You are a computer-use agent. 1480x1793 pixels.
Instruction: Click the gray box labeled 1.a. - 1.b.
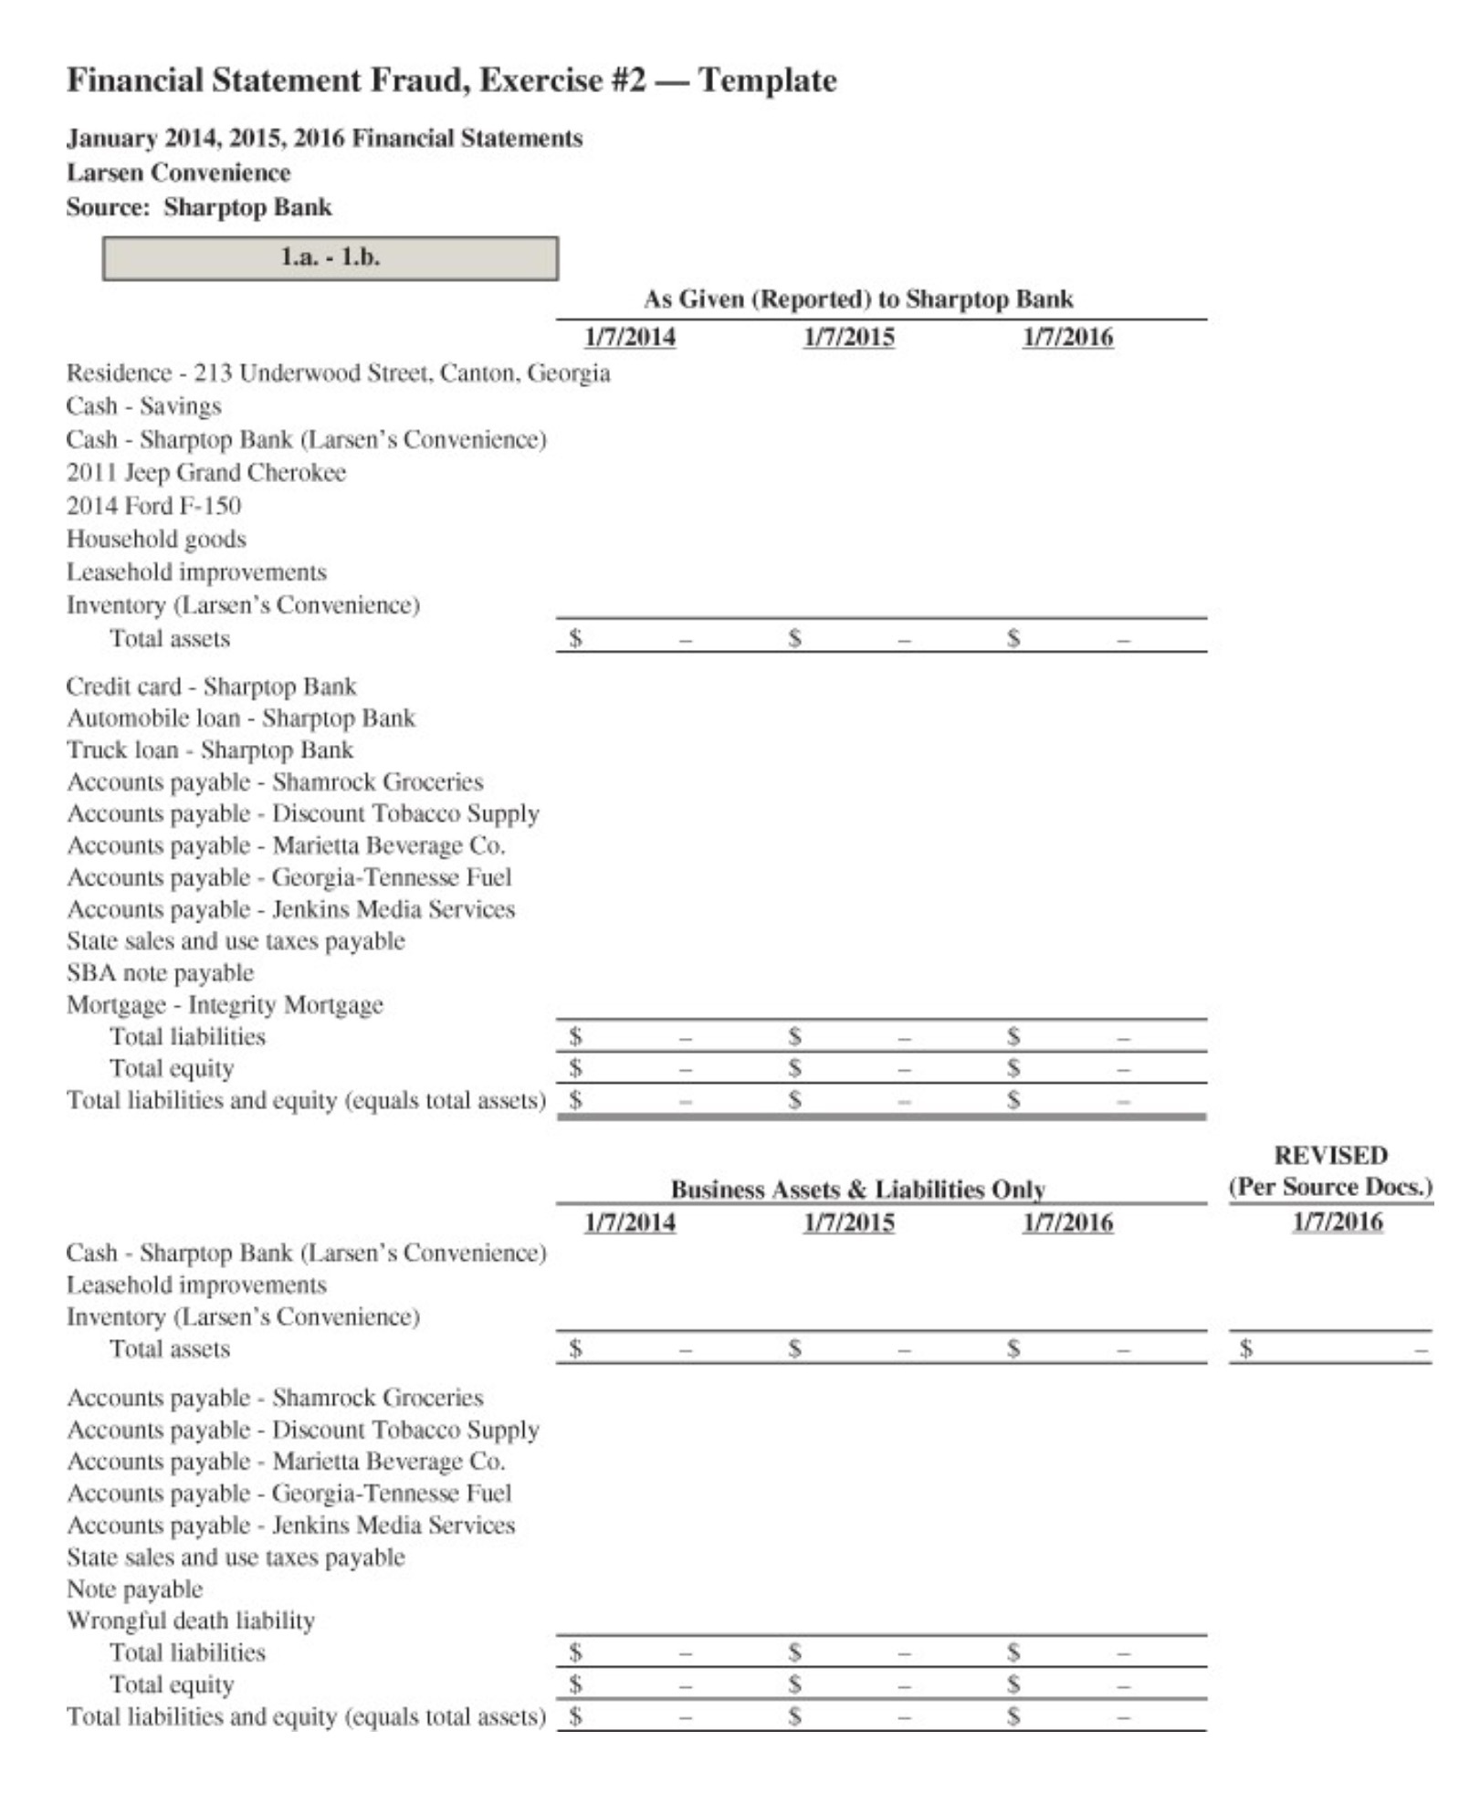tap(330, 258)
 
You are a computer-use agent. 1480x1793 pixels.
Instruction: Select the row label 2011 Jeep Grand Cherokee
tap(205, 473)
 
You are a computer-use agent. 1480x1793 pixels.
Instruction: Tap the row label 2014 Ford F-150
tap(153, 506)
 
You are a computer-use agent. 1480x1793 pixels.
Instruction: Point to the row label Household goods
tap(156, 540)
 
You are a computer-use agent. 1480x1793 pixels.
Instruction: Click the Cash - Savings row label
tap(143, 406)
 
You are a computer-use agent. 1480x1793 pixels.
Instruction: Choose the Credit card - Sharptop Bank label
tap(211, 687)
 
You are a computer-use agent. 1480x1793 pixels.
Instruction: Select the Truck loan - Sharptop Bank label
tap(209, 750)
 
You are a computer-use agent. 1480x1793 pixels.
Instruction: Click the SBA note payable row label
tap(160, 973)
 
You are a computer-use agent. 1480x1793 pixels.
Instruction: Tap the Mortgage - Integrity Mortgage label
tap(225, 1005)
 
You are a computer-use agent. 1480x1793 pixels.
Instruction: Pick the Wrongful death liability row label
tap(190, 1620)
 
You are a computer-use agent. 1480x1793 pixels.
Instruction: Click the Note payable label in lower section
tap(134, 1589)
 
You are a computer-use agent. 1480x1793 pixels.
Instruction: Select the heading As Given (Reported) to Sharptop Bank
tap(857, 299)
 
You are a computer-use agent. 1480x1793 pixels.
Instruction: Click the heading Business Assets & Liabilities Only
tap(857, 1190)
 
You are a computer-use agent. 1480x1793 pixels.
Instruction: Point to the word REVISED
tap(1330, 1156)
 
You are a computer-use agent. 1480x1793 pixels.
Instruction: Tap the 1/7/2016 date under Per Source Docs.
tap(1337, 1222)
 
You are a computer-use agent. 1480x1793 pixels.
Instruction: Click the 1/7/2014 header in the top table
tap(630, 338)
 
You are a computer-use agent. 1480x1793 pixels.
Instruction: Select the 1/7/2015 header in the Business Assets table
tap(848, 1223)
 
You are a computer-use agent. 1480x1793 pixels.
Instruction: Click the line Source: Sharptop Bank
tap(199, 207)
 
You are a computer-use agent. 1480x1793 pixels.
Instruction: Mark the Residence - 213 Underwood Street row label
tap(338, 373)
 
